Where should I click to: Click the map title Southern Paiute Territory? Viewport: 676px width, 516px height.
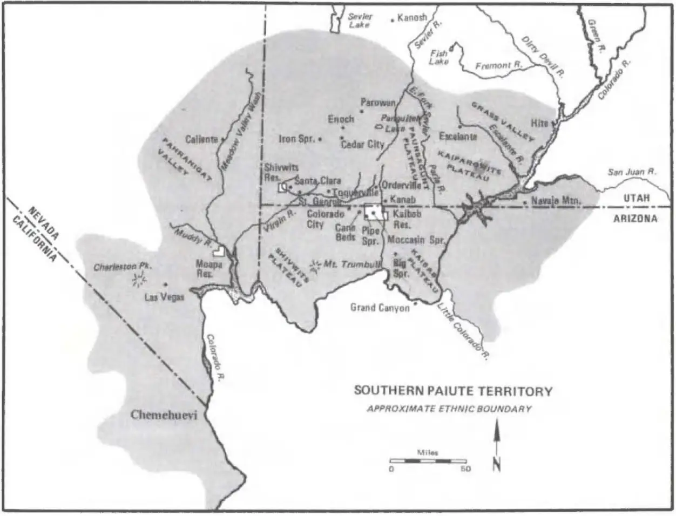point(453,391)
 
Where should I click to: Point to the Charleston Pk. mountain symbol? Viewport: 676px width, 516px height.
point(140,279)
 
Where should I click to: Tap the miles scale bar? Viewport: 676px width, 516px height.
point(428,461)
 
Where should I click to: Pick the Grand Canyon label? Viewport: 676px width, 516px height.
point(380,308)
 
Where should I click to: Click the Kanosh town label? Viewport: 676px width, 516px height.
point(412,18)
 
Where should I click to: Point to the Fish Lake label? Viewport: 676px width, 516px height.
point(438,58)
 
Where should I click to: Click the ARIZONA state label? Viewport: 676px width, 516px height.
point(635,219)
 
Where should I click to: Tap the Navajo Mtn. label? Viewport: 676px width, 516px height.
point(556,201)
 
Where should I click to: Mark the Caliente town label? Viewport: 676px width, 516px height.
point(201,139)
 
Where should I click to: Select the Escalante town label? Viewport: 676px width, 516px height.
point(458,137)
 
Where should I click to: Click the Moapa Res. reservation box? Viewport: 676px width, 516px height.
point(219,250)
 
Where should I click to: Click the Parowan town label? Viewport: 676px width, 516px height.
point(378,103)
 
